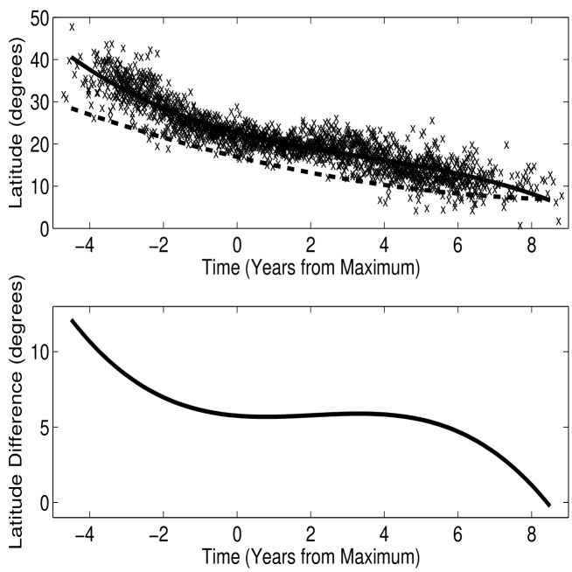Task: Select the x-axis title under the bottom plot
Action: (x=310, y=557)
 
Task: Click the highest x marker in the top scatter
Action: (x=72, y=26)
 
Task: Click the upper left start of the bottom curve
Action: (x=72, y=320)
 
